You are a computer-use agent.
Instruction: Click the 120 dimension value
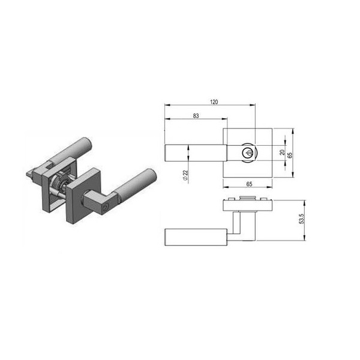click(214, 102)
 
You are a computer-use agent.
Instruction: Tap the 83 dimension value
click(196, 116)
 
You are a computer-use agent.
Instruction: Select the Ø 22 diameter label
click(185, 175)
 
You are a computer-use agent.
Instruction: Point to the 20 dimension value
click(282, 152)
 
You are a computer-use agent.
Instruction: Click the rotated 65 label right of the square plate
click(290, 155)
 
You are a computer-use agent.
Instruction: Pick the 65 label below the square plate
click(249, 184)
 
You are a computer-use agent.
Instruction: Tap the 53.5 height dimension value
click(302, 218)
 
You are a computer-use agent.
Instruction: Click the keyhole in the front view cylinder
click(248, 152)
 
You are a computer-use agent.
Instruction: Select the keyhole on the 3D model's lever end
click(106, 208)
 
